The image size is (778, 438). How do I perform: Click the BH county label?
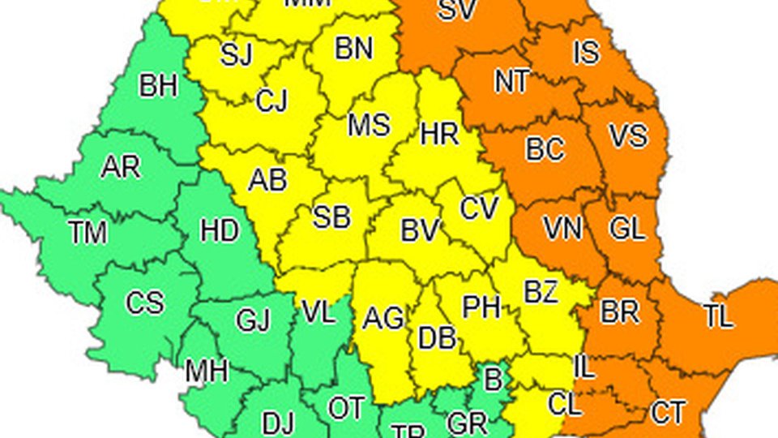pos(158,85)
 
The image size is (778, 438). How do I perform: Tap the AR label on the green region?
pos(121,167)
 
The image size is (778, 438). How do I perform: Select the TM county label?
pos(88,233)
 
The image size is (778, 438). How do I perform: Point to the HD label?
pos(220,231)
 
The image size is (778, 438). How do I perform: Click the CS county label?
pos(144,303)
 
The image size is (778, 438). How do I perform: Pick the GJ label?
pos(253,321)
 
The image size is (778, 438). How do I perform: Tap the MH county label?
pos(207,371)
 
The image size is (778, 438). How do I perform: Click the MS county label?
pos(369,126)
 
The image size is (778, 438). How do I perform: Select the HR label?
pos(440,134)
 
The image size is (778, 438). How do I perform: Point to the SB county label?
pos(331,217)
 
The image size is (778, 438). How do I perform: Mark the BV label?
pos(420,231)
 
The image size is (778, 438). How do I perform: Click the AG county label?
pos(383,319)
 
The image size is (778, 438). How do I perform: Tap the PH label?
pos(481,307)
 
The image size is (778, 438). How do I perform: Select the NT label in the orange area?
pos(512,81)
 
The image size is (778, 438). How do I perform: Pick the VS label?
pos(628,135)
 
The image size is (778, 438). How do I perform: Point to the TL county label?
pos(718,317)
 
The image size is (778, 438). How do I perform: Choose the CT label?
pos(668,413)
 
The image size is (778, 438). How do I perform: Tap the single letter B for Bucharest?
pos(492,378)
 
